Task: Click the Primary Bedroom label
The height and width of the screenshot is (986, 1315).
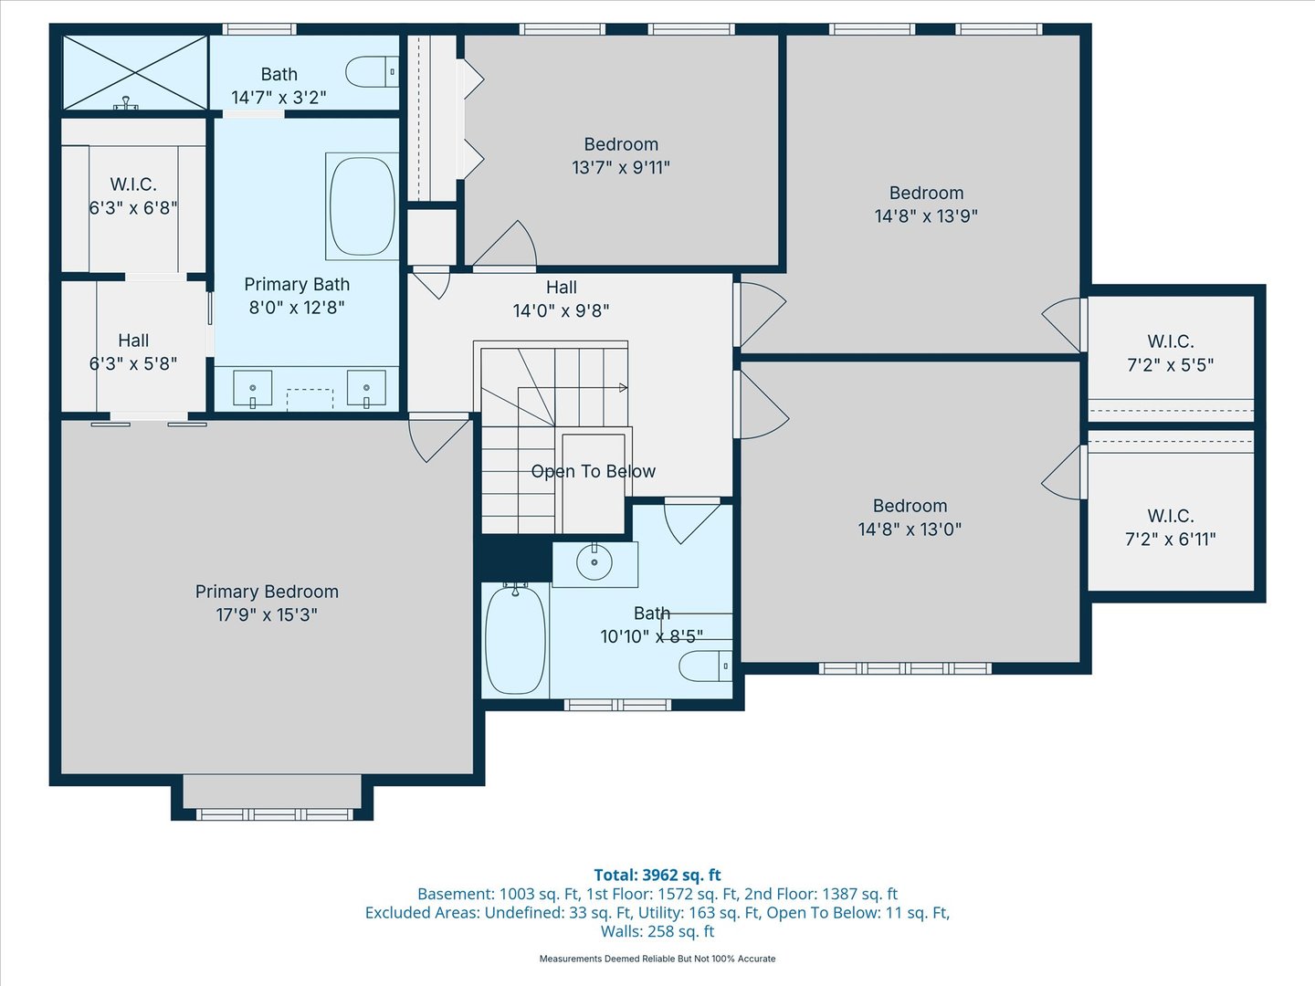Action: (x=267, y=592)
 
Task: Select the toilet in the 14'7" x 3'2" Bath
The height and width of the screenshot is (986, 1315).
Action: (x=372, y=72)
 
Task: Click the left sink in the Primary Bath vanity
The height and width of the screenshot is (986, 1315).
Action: (x=253, y=388)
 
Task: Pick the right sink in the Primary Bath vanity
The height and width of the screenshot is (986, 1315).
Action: (x=366, y=388)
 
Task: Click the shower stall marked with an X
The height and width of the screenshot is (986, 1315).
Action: (x=135, y=71)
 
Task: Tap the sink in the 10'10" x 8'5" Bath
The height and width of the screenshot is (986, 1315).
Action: (x=594, y=562)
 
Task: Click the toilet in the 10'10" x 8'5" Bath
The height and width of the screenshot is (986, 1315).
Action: (x=705, y=666)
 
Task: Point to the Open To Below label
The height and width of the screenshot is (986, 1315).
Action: (x=594, y=471)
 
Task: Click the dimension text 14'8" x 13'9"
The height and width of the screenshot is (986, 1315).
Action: (x=926, y=216)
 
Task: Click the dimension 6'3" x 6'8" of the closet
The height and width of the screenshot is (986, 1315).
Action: (x=133, y=208)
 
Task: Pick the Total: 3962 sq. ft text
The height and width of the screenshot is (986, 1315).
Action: (x=657, y=875)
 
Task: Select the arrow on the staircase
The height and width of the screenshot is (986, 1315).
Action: (x=623, y=388)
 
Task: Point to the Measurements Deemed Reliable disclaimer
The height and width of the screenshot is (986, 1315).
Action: (x=657, y=959)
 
